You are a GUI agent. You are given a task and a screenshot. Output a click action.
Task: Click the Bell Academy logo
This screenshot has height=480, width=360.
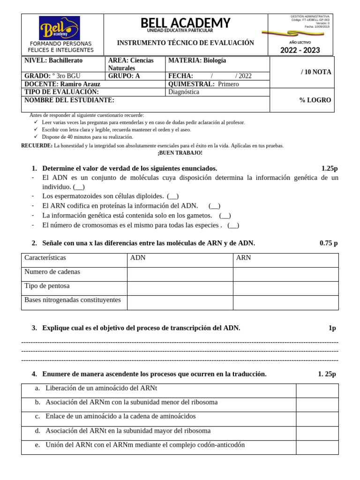[x=59, y=28]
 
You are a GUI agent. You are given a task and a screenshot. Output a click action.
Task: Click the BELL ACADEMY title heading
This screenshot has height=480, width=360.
[x=185, y=22]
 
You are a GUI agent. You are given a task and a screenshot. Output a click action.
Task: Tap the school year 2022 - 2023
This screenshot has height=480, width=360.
[x=300, y=50]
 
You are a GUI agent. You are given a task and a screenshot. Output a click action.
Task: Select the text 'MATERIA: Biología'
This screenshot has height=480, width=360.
[x=197, y=60]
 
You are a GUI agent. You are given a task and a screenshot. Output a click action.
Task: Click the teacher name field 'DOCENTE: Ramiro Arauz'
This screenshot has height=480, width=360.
[x=62, y=84]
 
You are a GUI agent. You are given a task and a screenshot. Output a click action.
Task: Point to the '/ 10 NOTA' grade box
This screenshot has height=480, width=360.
[x=316, y=72]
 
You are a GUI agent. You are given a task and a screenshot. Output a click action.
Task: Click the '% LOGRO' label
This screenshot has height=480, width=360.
[x=315, y=100]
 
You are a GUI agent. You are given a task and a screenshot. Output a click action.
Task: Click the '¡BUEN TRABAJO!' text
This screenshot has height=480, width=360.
[x=180, y=153]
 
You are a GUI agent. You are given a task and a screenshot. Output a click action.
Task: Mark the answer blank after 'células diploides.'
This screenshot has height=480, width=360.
[x=172, y=196]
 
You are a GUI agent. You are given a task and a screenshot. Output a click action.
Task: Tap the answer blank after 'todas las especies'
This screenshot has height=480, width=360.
[x=233, y=225]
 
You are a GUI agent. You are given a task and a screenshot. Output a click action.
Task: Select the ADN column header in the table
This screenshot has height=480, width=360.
[x=138, y=258]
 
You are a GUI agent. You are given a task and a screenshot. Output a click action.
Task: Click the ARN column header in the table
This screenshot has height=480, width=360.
[x=243, y=258]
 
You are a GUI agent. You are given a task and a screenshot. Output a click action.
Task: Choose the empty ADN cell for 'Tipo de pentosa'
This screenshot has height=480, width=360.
[x=180, y=288]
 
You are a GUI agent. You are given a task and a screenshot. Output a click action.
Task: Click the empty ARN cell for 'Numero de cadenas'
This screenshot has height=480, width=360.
[x=285, y=274]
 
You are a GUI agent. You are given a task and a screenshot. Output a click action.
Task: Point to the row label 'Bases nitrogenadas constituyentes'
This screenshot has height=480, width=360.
[x=73, y=300]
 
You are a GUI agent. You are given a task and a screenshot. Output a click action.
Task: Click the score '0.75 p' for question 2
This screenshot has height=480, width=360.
[x=328, y=243]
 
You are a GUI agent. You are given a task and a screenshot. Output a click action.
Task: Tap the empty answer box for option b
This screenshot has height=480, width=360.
[x=317, y=405]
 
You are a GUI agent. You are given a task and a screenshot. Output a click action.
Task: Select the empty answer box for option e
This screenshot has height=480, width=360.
[x=317, y=447]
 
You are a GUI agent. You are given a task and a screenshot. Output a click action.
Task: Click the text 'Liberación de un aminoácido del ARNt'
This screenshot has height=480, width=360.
[x=101, y=388]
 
